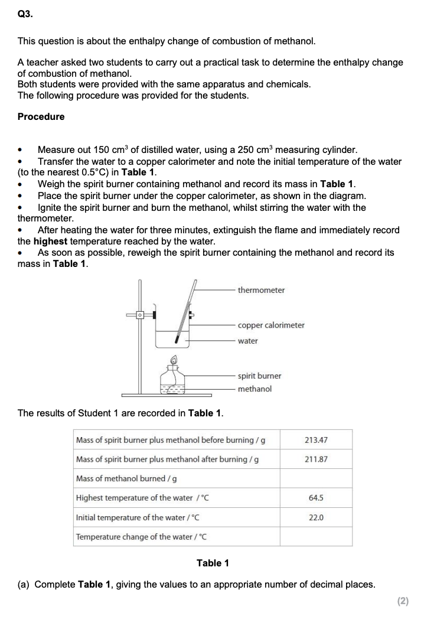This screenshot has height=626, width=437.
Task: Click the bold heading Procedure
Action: coord(41,116)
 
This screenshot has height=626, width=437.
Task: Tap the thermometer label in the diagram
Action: coord(261,290)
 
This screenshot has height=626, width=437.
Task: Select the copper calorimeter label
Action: coord(271,325)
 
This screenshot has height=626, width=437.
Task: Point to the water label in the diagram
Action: coord(247,341)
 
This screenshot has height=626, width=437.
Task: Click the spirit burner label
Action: coord(259,376)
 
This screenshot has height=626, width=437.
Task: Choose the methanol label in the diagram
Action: coord(255,389)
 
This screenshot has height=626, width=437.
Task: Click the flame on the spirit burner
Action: coord(174,360)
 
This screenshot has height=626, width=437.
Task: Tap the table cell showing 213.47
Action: coord(316,440)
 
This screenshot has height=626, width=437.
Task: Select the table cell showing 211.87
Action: coord(316,459)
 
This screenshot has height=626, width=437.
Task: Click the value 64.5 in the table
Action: coord(316,498)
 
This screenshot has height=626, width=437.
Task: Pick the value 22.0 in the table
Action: coord(316,517)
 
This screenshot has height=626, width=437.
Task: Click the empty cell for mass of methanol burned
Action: coord(316,478)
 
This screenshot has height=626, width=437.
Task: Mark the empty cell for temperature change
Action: coord(316,537)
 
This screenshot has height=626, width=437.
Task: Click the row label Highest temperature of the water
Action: coord(142,498)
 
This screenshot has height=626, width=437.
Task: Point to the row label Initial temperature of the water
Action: coord(138,517)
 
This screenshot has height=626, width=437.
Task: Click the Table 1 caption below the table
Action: coord(213,563)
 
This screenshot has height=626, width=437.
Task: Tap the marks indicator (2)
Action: coord(403,601)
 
